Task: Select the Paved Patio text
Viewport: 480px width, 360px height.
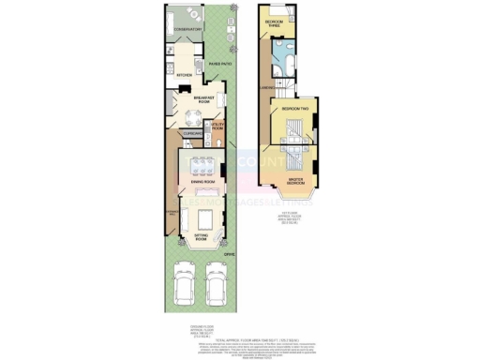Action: click(x=220, y=64)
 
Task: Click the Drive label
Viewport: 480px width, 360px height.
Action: click(x=229, y=251)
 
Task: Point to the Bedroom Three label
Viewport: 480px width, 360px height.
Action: click(x=274, y=22)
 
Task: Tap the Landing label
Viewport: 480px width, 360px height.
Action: click(x=267, y=90)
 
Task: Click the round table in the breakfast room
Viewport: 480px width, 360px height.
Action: click(x=192, y=116)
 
